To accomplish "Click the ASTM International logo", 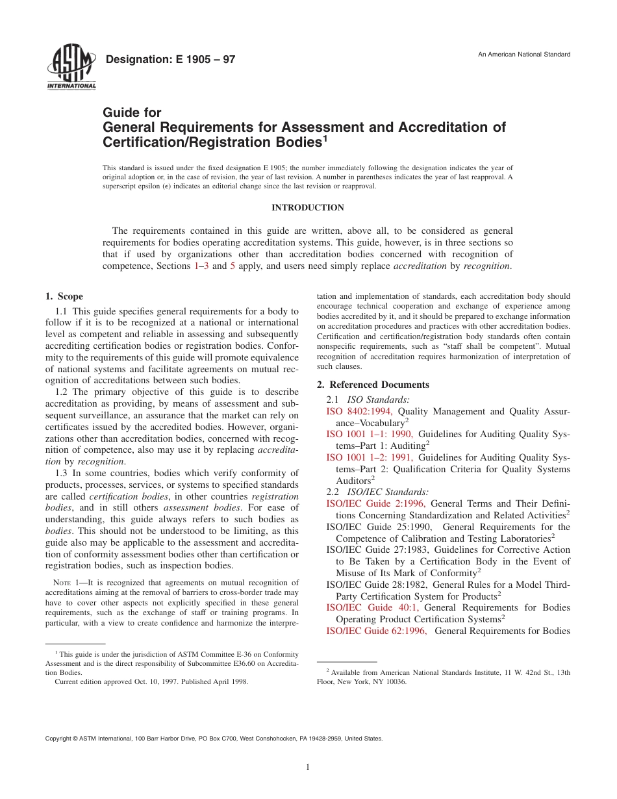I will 71,68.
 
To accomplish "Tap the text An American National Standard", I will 524,55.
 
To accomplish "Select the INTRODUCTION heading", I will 307,208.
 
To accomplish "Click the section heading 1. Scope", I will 64,297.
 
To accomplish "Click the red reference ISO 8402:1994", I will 359,411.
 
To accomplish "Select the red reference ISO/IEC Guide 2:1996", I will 375,503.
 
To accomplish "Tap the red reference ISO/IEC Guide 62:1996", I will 376,631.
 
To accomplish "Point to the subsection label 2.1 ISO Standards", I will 368,399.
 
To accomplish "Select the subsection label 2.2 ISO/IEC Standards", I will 377,492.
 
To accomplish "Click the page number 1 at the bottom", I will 308,767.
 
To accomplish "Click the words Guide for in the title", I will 132,112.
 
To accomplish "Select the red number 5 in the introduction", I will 233,266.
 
